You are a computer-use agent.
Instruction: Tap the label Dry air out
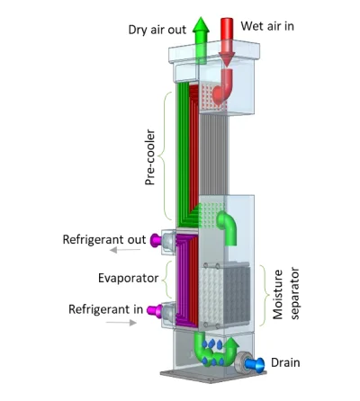pos(157,30)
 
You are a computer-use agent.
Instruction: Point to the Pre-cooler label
pos(151,156)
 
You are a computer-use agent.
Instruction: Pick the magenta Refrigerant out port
pos(156,240)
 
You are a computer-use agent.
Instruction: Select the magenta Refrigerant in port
pos(154,309)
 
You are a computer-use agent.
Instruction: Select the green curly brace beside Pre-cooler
pos(166,156)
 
